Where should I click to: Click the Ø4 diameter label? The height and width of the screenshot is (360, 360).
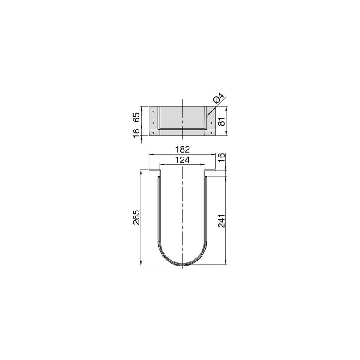click(x=217, y=98)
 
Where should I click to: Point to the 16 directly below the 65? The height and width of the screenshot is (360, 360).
click(x=136, y=134)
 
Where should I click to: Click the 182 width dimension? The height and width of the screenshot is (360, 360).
click(x=182, y=149)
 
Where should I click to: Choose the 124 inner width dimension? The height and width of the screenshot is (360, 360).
click(x=182, y=160)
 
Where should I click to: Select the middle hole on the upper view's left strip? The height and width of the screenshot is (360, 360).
click(x=153, y=123)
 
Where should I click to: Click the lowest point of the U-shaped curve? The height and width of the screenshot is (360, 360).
click(x=182, y=265)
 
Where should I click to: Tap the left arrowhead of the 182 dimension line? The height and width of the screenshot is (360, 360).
click(x=151, y=154)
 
